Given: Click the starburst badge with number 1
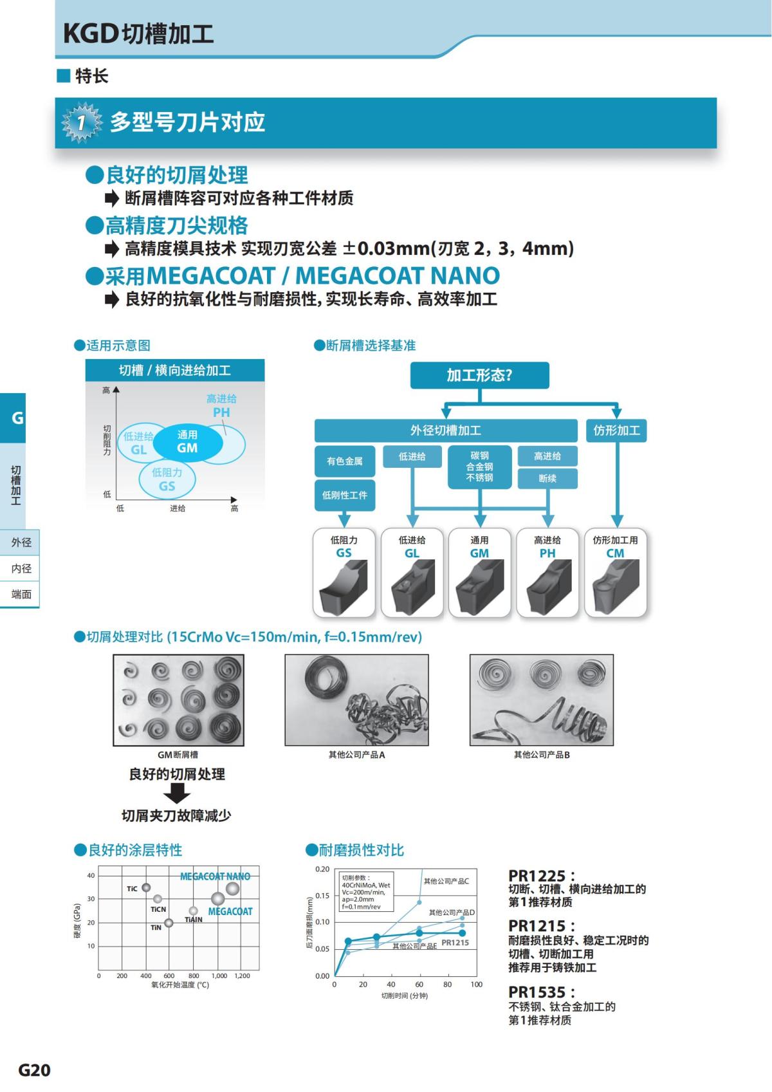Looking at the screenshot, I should [82, 122].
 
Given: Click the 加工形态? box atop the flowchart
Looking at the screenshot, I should [479, 375].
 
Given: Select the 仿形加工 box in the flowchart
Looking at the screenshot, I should [616, 430].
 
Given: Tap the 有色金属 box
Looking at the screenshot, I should [345, 461].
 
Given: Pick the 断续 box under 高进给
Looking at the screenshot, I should [547, 479].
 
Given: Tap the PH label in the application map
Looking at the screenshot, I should [221, 412].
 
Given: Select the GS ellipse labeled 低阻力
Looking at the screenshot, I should [167, 480].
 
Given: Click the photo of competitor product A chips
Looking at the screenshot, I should [356, 700].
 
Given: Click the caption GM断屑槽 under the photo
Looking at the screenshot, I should [178, 755].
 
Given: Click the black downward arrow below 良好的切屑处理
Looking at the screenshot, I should [176, 794].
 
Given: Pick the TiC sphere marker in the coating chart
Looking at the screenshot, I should [146, 888].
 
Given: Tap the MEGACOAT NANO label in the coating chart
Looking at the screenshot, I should [215, 876].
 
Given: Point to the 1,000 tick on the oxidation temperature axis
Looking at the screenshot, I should [219, 976].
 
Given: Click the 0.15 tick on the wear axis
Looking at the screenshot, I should [322, 896].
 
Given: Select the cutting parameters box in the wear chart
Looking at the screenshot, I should [365, 891].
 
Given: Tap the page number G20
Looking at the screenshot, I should [34, 1070].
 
